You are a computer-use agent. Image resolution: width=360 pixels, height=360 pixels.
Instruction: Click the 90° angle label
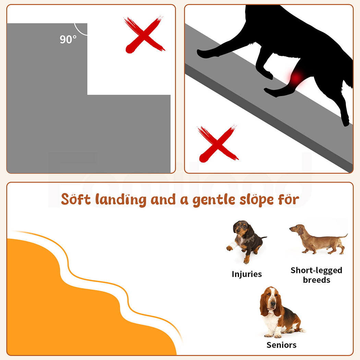point(68,39)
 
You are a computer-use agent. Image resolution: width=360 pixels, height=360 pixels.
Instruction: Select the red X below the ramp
point(218,144)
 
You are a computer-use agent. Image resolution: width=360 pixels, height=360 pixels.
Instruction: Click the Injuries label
point(247,274)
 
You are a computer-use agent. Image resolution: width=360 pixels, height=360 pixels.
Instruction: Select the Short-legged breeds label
point(316,275)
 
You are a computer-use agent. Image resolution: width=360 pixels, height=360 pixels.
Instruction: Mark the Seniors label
point(281,345)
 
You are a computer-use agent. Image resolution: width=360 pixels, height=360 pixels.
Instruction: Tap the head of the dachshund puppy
point(241,228)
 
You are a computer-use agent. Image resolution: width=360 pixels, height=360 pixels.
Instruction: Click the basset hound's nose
point(273,305)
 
